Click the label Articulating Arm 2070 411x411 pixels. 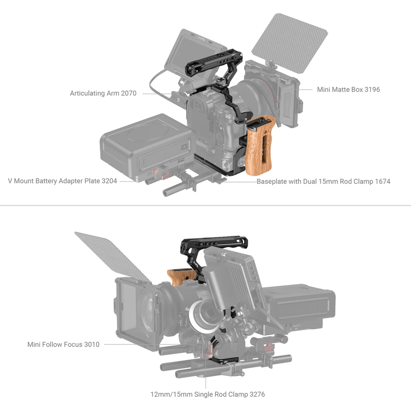pyautogui.click(x=103, y=93)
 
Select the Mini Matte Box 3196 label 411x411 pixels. pyautogui.click(x=348, y=90)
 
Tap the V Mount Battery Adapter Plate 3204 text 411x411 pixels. pyautogui.click(x=63, y=181)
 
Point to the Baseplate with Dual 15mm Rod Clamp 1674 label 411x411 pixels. pyautogui.click(x=323, y=181)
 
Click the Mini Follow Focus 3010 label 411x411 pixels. pyautogui.click(x=63, y=344)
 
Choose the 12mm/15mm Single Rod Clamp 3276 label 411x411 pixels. pyautogui.click(x=207, y=394)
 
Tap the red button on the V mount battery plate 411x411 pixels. pyautogui.click(x=155, y=171)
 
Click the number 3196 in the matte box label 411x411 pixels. pyautogui.click(x=372, y=90)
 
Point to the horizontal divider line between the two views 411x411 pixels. pyautogui.click(x=205, y=205)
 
